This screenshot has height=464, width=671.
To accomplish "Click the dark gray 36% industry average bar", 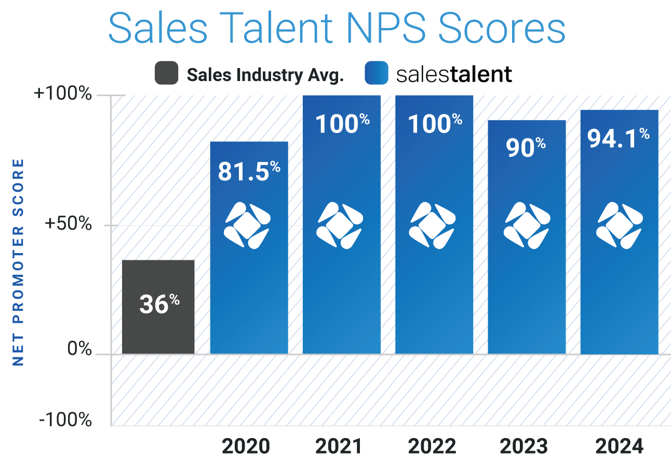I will [x=158, y=307].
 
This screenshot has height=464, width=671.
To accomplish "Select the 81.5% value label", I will [x=249, y=171].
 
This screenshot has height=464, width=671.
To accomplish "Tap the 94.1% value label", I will [x=619, y=138].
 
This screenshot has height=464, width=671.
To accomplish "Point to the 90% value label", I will [x=526, y=147].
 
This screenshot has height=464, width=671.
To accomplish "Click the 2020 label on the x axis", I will [x=246, y=446].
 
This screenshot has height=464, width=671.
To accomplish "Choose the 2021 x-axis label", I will [x=340, y=446].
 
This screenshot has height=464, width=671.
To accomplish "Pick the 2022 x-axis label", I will [x=432, y=446].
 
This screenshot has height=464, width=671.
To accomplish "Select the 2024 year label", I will [x=619, y=446].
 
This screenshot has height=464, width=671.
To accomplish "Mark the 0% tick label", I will [x=79, y=349].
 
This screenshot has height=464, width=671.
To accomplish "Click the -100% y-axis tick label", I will [x=65, y=419].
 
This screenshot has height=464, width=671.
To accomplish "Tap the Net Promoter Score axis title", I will [x=18, y=262].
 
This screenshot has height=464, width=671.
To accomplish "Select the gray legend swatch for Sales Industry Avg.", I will [x=166, y=73].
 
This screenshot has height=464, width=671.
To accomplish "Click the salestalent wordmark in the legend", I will [x=453, y=74].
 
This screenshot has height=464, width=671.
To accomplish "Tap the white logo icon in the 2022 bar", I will [x=432, y=225].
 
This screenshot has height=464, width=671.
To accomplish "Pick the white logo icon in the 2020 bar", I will [x=247, y=225].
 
